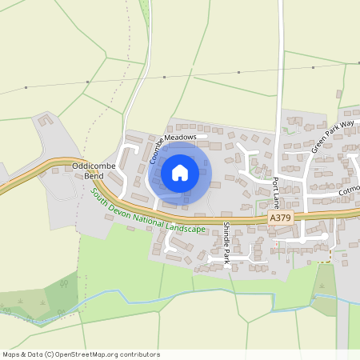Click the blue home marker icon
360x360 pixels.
pyautogui.click(x=180, y=173)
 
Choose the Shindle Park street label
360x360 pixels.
pyautogui.click(x=226, y=244)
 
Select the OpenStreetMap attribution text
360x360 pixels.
pyautogui.click(x=81, y=354)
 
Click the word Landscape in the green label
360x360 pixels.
pyautogui.click(x=186, y=228)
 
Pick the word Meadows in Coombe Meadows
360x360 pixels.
pyautogui.click(x=186, y=137)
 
